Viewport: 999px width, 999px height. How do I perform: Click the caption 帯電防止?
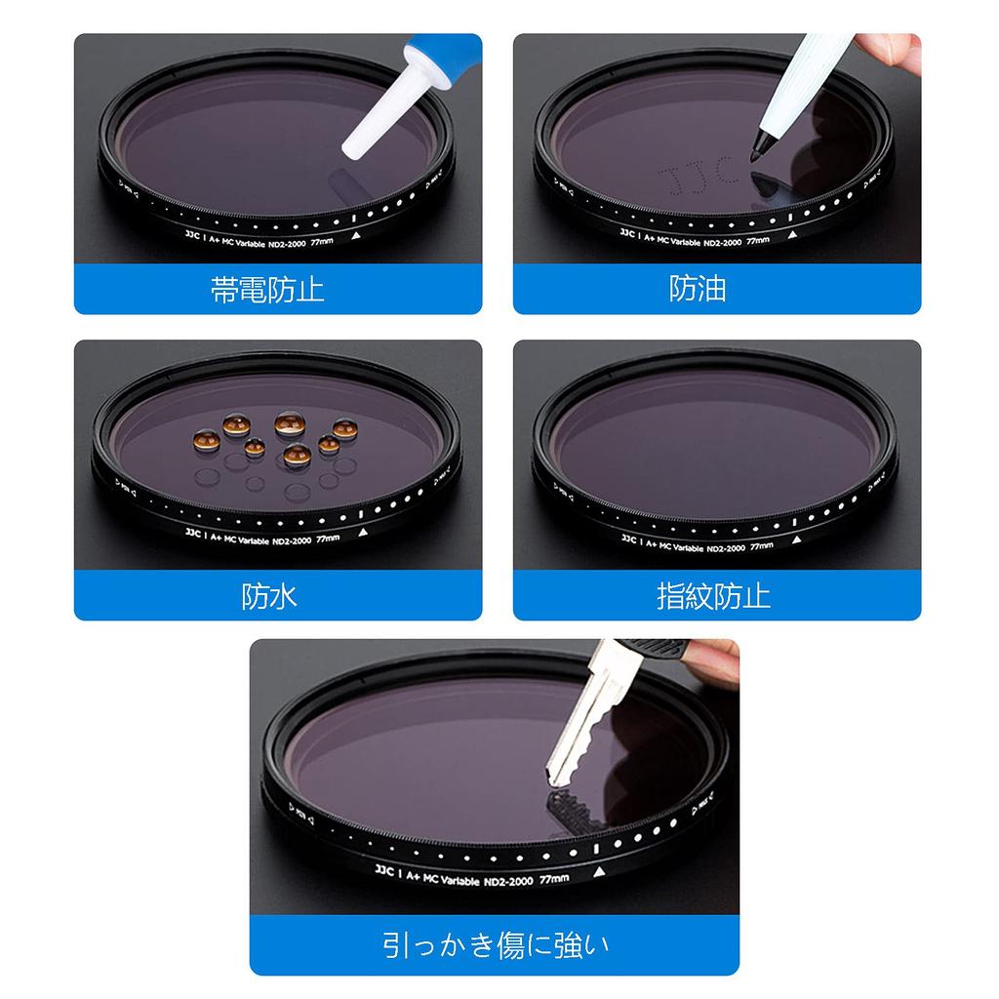[267, 290]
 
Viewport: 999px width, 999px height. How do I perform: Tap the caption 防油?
[698, 289]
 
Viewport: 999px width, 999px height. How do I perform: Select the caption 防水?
[269, 596]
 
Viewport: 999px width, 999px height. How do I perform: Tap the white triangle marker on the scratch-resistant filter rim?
[599, 869]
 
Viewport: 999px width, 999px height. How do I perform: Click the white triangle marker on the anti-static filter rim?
[355, 235]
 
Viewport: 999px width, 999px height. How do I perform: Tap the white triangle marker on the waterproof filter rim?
[363, 533]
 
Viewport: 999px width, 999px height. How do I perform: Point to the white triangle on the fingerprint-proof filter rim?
[797, 539]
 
